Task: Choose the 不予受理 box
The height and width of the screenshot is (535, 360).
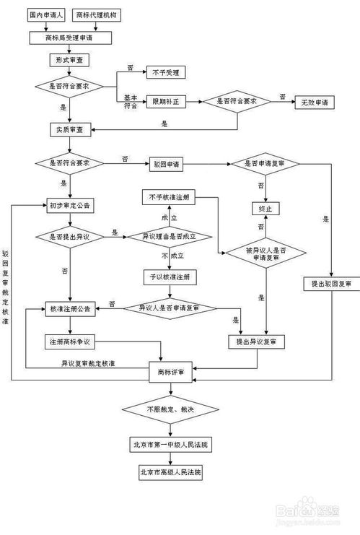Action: pyautogui.click(x=166, y=71)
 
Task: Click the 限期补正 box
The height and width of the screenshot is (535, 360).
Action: pyautogui.click(x=166, y=102)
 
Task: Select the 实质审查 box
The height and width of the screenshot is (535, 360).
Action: pyautogui.click(x=69, y=130)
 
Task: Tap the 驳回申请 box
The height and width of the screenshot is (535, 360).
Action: pyautogui.click(x=166, y=164)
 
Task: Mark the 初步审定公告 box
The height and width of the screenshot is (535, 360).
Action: pyautogui.click(x=69, y=206)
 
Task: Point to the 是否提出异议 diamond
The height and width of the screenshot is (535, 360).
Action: pyautogui.click(x=69, y=236)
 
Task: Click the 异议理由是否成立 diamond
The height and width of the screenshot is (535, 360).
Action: pyautogui.click(x=170, y=236)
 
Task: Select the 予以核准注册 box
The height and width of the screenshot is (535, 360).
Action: pyautogui.click(x=170, y=277)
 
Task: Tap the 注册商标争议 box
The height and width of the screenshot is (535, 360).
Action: pyautogui.click(x=69, y=340)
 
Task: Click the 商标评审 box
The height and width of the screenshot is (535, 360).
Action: pyautogui.click(x=170, y=372)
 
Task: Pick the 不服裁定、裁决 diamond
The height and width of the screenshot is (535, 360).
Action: pyautogui.click(x=170, y=409)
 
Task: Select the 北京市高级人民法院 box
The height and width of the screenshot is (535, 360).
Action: pyautogui.click(x=170, y=472)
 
